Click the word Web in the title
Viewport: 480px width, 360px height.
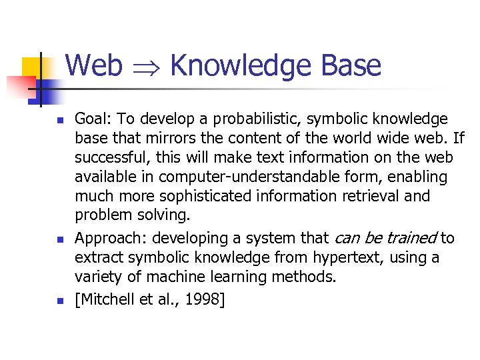pyautogui.click(x=94, y=66)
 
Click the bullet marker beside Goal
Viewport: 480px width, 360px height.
pyautogui.click(x=59, y=121)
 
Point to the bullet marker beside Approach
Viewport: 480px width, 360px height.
pyautogui.click(x=59, y=239)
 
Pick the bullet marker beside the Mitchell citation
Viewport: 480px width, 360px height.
pyautogui.click(x=59, y=301)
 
